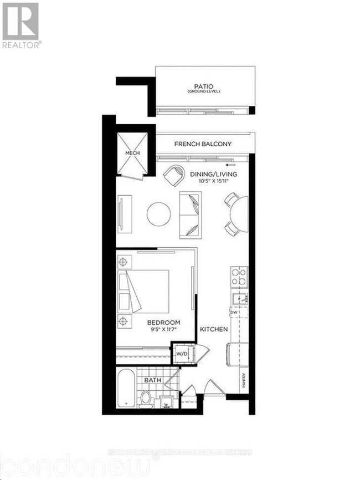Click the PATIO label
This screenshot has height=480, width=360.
point(203,87)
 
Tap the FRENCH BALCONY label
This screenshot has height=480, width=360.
point(203,144)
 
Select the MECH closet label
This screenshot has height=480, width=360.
point(132,153)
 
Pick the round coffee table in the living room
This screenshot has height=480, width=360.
point(159,213)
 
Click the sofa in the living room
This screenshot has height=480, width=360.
point(191,214)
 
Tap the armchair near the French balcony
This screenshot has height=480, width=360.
point(175,176)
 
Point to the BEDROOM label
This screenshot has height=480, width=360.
point(163,323)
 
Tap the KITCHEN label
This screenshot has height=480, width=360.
point(214,329)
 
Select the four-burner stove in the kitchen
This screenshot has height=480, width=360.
point(239,276)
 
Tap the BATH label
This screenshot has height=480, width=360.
point(152,380)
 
